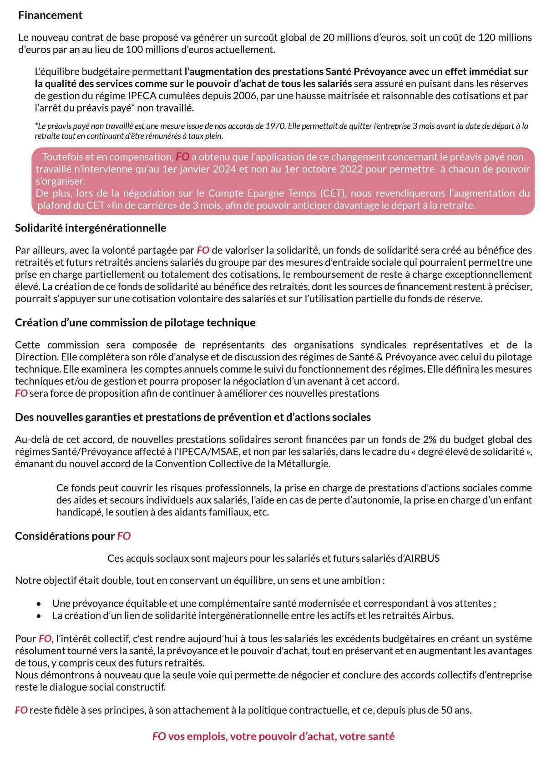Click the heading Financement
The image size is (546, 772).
click(50, 15)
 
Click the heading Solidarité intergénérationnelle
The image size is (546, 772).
click(91, 227)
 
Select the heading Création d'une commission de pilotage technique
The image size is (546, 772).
click(135, 323)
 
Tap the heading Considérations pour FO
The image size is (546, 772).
click(73, 536)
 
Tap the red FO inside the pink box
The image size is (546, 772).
click(182, 157)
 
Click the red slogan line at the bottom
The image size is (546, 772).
click(273, 737)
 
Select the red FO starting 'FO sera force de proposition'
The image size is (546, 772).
click(21, 393)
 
